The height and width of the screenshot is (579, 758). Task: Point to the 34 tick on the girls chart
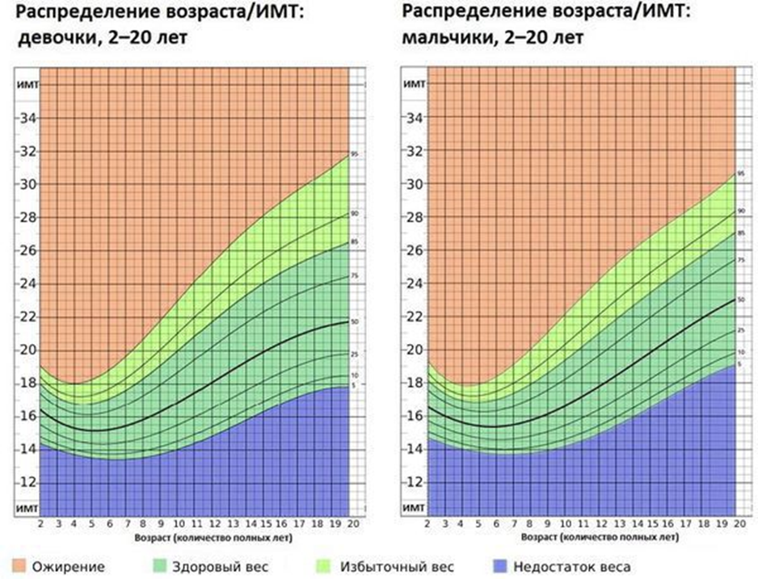[x=27, y=118]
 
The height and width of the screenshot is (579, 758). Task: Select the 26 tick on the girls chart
[x=27, y=250]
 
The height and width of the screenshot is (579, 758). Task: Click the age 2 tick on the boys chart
[x=427, y=524]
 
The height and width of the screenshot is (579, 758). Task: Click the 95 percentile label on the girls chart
[x=354, y=154]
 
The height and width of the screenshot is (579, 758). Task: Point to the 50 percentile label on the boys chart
[x=741, y=300]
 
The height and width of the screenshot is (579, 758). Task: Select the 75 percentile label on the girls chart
[x=354, y=276]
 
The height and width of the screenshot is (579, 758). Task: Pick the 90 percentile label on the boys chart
[x=741, y=212]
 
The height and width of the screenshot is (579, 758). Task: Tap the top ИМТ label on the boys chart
[x=413, y=84]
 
